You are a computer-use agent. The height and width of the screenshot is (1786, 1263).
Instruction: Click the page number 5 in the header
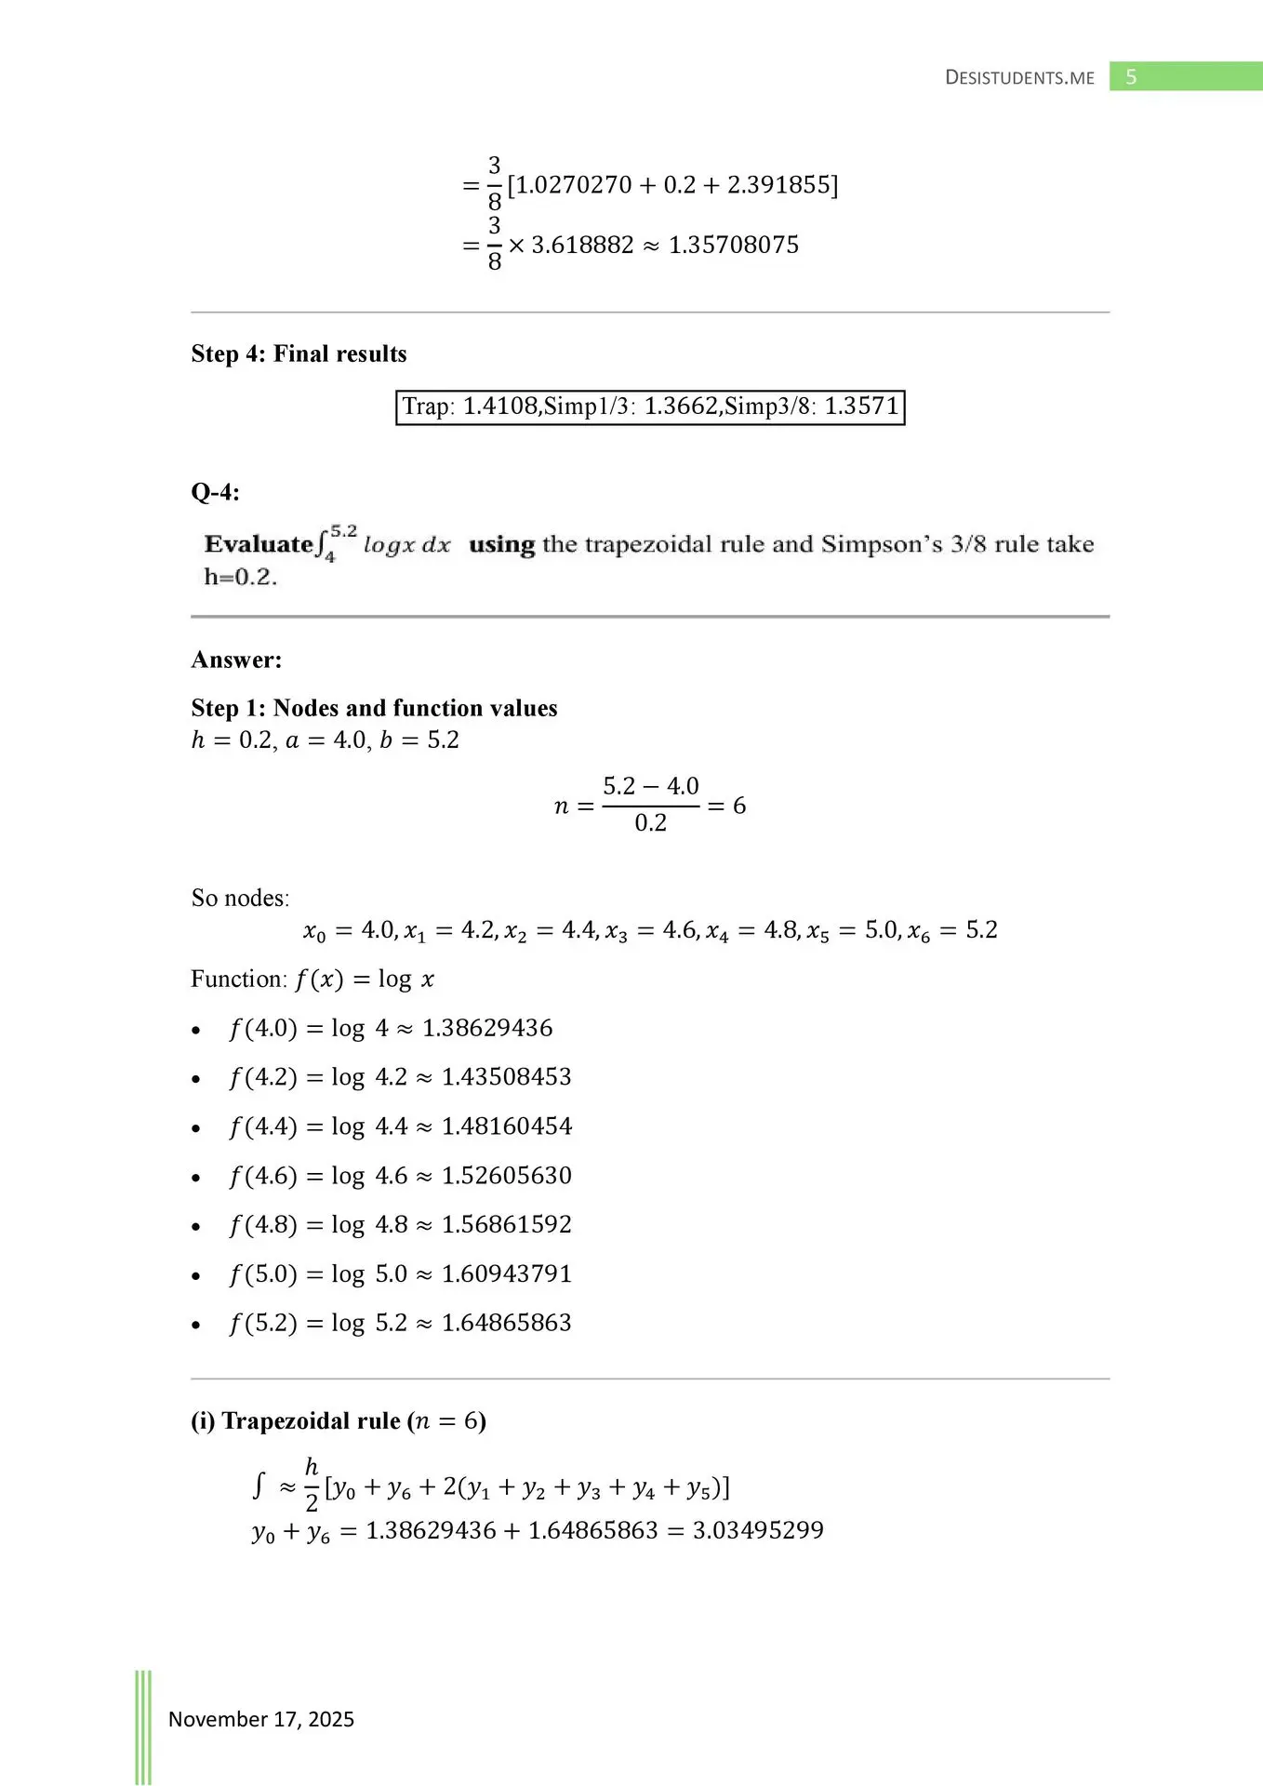click(1131, 77)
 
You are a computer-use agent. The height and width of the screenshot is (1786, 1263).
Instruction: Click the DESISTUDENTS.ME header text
click(1019, 78)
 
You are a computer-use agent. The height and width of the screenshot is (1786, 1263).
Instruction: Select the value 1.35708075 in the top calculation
click(734, 246)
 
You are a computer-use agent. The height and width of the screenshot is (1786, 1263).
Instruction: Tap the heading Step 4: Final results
click(299, 353)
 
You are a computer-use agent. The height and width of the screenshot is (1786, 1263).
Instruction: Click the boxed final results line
click(650, 407)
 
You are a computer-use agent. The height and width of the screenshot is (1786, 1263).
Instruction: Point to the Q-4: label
click(215, 492)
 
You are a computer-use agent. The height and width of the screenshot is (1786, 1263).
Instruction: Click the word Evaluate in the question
click(259, 544)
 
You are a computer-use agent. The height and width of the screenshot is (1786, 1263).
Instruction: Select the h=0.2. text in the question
click(241, 577)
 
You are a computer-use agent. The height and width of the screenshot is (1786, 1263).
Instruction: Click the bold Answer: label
click(236, 660)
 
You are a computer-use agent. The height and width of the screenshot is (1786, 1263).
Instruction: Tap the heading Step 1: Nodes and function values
click(374, 708)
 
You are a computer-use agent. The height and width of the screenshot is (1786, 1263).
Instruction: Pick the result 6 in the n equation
click(739, 806)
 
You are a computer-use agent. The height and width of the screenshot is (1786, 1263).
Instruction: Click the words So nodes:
click(240, 898)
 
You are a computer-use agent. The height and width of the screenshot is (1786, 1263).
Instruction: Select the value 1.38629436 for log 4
click(487, 1028)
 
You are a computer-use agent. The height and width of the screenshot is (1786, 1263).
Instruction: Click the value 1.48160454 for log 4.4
click(507, 1126)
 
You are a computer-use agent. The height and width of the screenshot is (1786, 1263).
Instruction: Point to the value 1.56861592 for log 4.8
click(507, 1225)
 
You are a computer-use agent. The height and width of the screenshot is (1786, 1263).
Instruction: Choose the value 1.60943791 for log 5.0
click(507, 1274)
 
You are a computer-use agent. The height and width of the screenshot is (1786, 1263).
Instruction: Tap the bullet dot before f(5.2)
click(195, 1326)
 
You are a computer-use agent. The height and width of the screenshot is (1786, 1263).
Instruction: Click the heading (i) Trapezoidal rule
click(339, 1421)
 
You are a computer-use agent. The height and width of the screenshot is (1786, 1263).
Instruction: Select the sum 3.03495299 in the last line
click(758, 1530)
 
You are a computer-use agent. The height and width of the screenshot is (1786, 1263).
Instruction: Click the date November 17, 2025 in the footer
click(261, 1719)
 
